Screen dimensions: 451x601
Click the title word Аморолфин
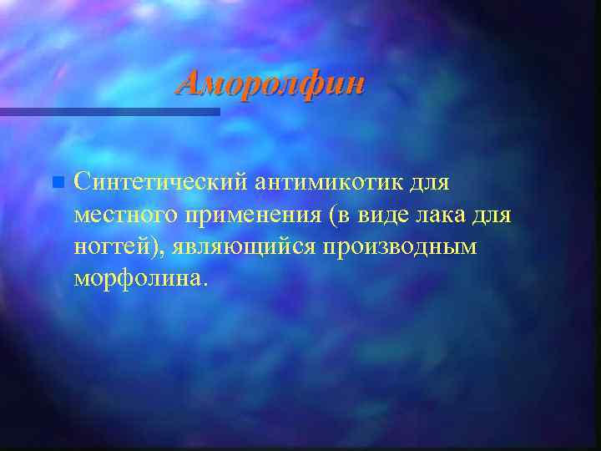click(x=272, y=84)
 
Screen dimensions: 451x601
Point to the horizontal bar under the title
click(x=109, y=111)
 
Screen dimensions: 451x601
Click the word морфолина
click(x=134, y=279)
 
